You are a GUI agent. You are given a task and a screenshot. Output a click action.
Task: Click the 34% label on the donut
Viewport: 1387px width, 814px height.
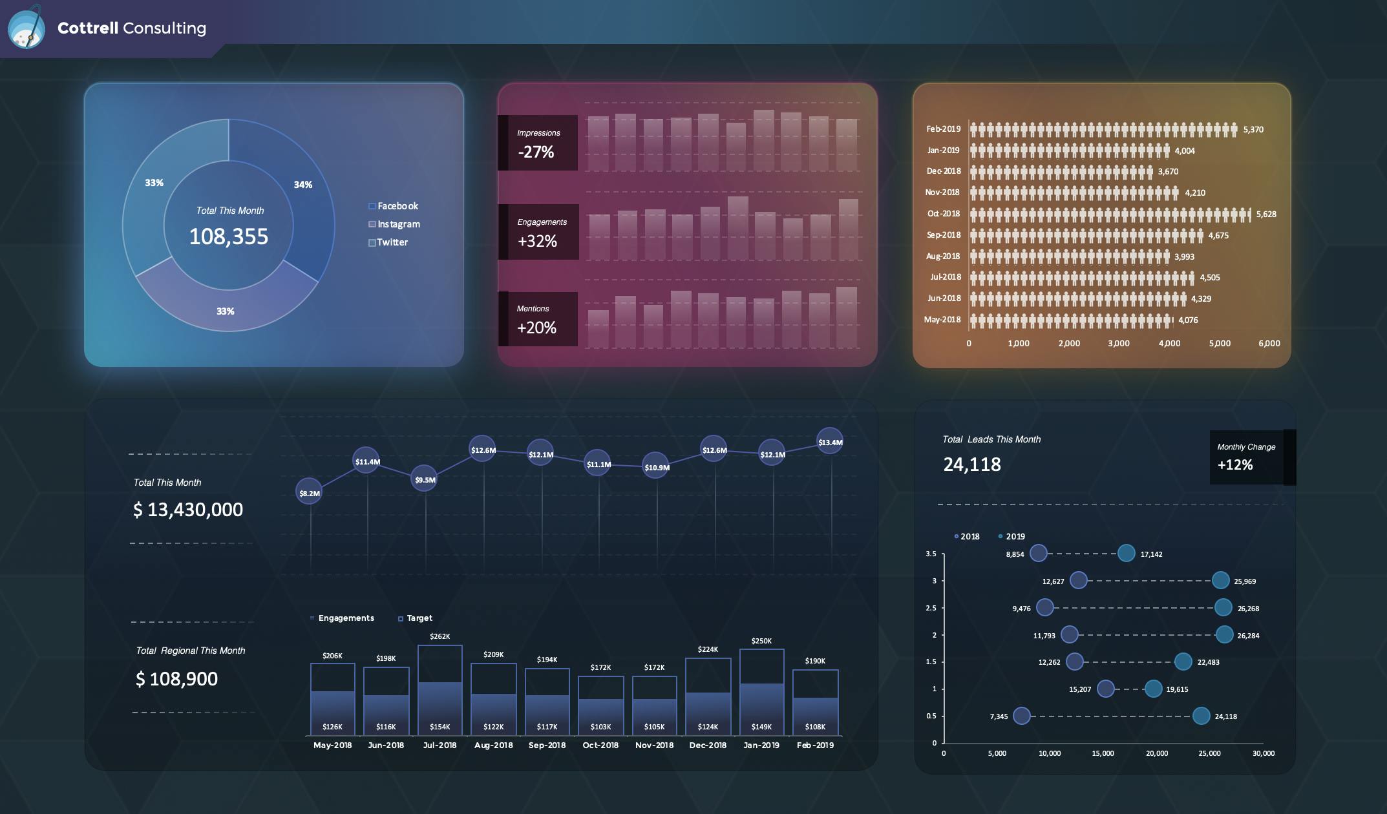point(302,185)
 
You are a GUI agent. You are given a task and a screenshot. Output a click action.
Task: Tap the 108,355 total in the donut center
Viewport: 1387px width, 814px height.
point(228,236)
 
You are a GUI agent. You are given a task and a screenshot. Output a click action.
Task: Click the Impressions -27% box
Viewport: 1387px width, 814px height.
point(538,143)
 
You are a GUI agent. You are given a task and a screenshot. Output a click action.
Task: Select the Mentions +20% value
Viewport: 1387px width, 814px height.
point(536,328)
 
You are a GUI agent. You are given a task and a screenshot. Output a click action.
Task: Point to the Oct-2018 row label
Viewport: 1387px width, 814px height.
point(943,214)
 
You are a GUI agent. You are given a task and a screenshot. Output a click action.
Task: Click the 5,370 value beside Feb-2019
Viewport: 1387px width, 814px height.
point(1253,130)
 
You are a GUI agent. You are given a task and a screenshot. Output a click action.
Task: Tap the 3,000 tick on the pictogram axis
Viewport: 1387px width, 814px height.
point(1118,344)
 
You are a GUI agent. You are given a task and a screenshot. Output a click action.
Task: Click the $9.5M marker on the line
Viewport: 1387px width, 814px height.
point(425,479)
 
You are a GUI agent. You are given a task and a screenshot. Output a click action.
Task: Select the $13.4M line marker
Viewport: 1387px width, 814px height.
point(830,442)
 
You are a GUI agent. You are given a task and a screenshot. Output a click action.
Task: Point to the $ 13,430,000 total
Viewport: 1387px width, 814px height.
point(188,510)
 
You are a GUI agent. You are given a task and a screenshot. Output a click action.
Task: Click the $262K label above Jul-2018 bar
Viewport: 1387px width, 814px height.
point(439,636)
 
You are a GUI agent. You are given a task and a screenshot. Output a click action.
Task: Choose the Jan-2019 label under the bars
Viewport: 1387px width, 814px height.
point(761,746)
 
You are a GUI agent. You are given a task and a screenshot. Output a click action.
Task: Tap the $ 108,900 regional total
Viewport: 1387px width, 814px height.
point(176,679)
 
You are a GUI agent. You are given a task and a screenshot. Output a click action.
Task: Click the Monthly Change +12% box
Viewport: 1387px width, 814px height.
point(1245,457)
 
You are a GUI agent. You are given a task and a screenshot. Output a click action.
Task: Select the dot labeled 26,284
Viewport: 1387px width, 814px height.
point(1224,635)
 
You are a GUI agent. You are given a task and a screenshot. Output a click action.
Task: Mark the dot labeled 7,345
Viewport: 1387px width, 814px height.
point(1021,716)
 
